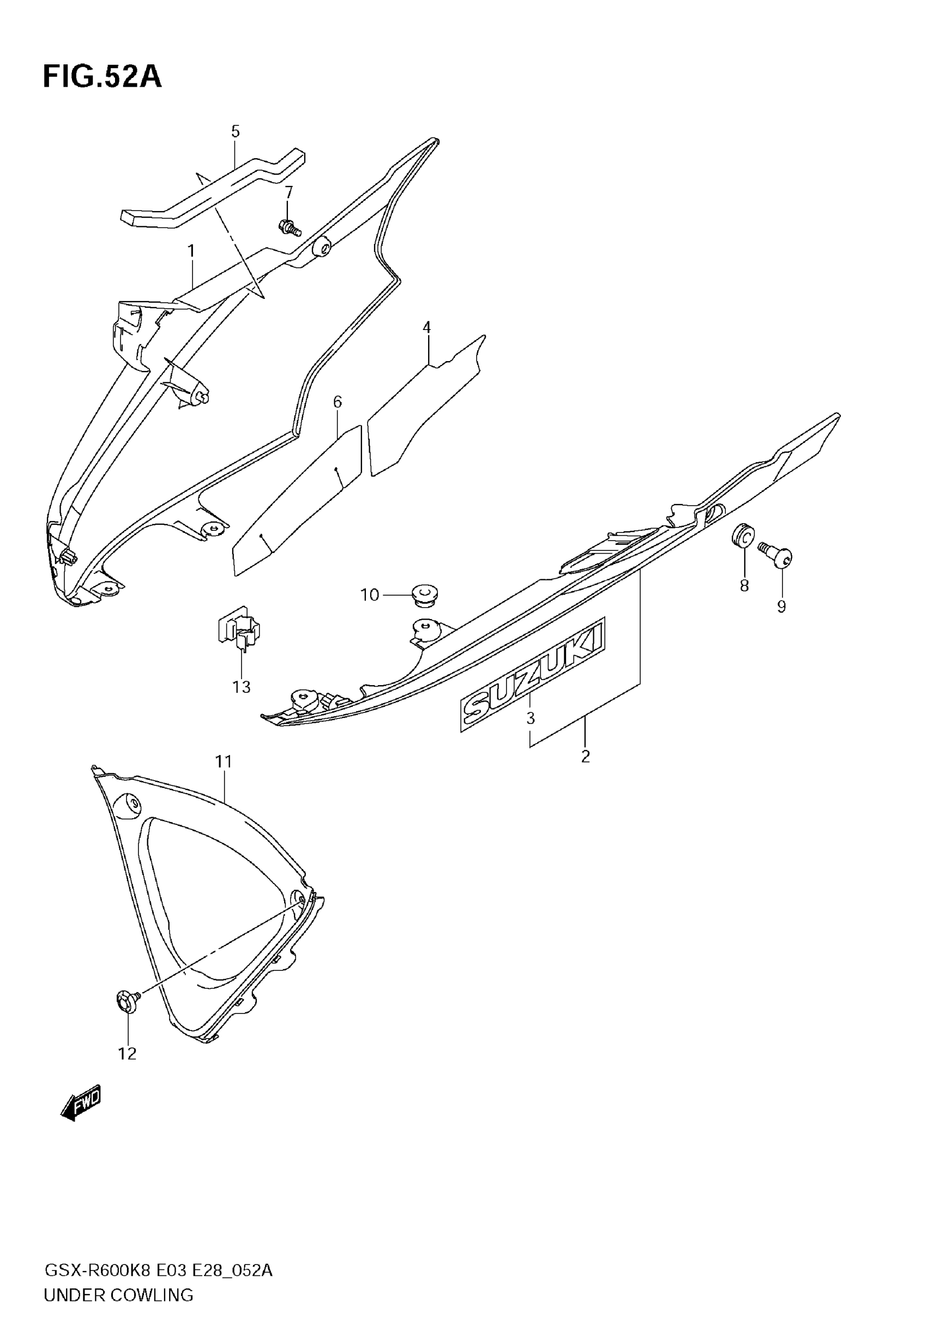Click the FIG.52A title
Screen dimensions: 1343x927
[x=102, y=77]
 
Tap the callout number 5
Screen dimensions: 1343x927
[x=235, y=131]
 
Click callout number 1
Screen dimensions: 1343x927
[x=191, y=251]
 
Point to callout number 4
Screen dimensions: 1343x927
[x=427, y=327]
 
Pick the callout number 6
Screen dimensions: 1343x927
[x=338, y=401]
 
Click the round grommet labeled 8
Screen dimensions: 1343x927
[x=743, y=535]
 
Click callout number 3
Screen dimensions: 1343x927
[x=530, y=718]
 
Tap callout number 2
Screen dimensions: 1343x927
[x=586, y=756]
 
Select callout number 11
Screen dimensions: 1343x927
[x=224, y=761]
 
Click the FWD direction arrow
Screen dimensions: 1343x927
[x=81, y=1101]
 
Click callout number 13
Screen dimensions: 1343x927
[x=242, y=687]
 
